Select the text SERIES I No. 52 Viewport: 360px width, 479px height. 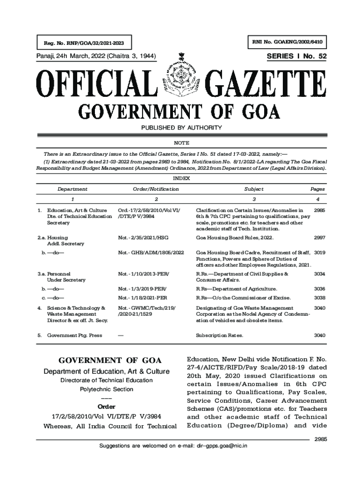pos(296,57)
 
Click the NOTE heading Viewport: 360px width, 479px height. pos(181,143)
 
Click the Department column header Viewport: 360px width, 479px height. pos(72,189)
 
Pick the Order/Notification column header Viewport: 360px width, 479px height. pos(156,189)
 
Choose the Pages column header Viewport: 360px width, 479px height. pos(317,189)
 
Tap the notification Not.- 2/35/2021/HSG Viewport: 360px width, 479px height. pos(143,238)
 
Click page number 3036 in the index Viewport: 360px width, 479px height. pos(319,289)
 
